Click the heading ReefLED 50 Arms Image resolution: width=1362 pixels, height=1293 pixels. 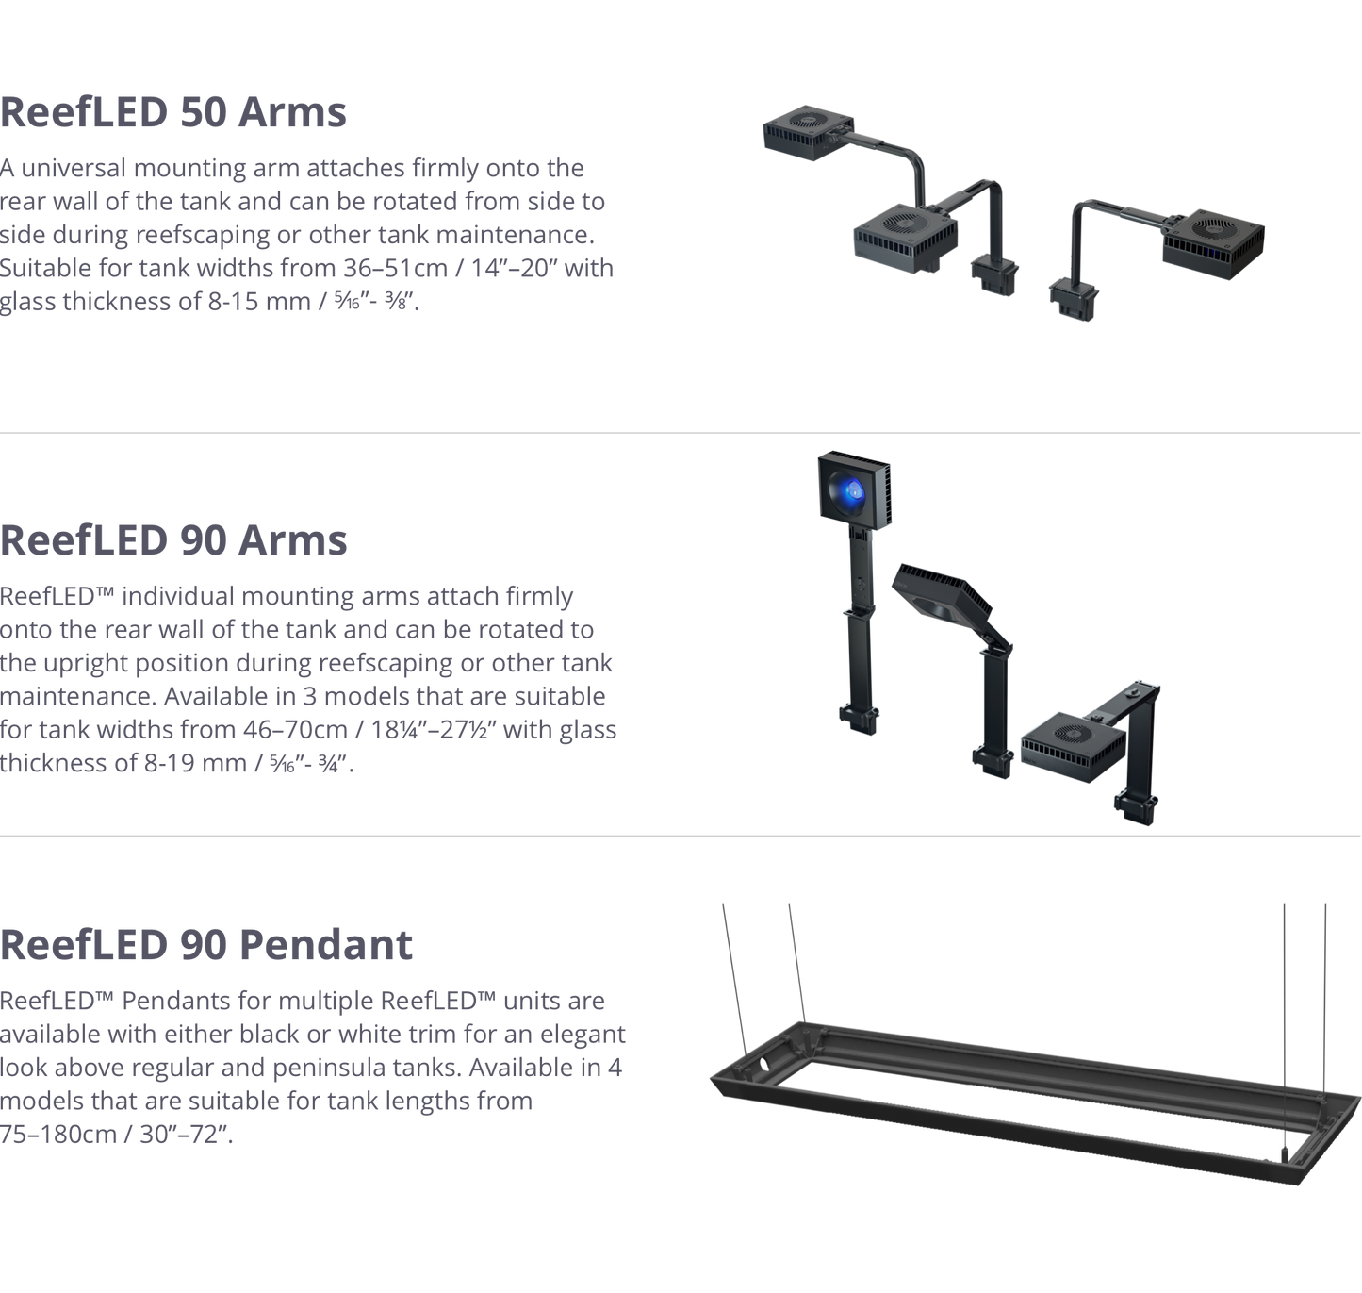[x=173, y=112]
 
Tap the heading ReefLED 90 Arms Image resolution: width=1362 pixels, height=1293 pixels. [x=173, y=540]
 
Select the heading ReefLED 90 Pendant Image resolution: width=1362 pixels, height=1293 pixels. [x=206, y=944]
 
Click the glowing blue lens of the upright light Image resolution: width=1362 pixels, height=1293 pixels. [x=851, y=489]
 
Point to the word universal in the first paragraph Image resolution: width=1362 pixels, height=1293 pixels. [x=73, y=169]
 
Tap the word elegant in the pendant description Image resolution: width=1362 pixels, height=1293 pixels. [x=582, y=1035]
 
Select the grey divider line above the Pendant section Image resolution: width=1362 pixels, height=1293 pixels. [x=681, y=835]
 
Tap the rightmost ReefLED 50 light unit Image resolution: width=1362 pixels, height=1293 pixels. [x=1214, y=240]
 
